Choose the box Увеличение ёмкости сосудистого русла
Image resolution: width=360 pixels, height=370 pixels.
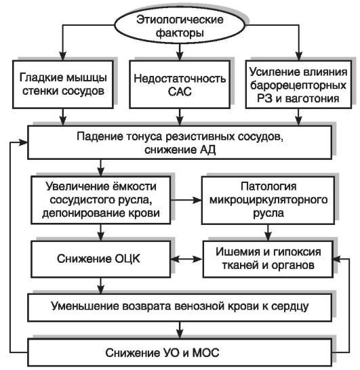pos(102,199)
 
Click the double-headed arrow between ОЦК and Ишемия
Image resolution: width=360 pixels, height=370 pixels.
pos(182,258)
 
